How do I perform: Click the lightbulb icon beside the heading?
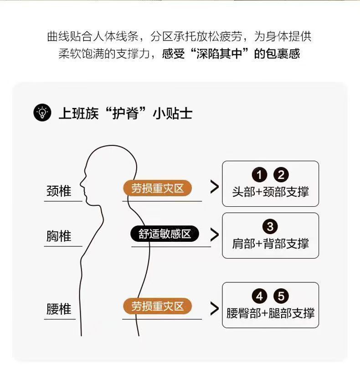coord(42,112)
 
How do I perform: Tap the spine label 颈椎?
coord(59,191)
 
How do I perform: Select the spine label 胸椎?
coord(59,236)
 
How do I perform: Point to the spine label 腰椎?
coord(59,309)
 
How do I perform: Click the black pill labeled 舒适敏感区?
coord(165,234)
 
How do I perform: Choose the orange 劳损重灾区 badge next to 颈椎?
coord(157,188)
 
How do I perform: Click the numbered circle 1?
coord(260,175)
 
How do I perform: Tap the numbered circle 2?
coord(281,175)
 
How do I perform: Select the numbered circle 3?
coord(270,227)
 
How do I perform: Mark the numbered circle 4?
coord(260,296)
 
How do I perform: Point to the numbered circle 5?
coord(281,296)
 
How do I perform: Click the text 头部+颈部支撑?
coord(270,191)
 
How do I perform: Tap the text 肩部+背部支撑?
coord(270,244)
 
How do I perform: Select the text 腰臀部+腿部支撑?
coord(270,313)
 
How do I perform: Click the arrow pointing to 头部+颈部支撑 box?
coord(214,187)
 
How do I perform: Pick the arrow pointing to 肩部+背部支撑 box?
coord(214,235)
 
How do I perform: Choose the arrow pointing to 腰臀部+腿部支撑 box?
coord(214,308)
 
